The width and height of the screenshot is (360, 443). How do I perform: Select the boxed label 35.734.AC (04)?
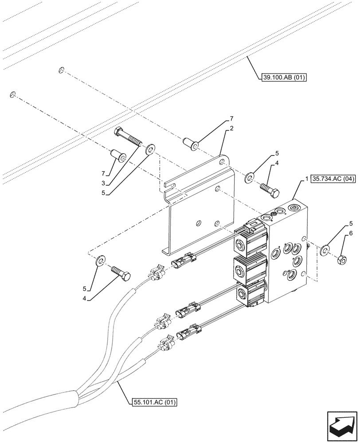click(x=333, y=179)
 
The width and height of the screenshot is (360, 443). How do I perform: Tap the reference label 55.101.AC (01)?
click(x=155, y=402)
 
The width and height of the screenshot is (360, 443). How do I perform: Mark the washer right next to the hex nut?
click(x=325, y=251)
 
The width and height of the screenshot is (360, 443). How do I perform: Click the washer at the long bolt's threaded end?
click(x=150, y=148)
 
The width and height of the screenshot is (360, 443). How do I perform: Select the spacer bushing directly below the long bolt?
click(x=118, y=156)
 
